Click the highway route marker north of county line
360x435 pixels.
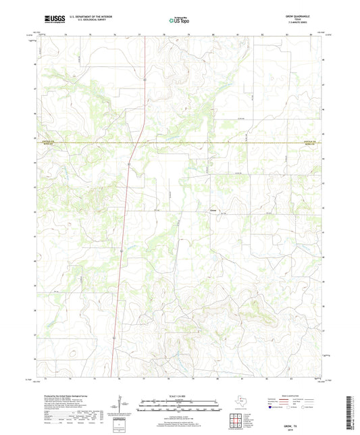coord(145,79)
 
